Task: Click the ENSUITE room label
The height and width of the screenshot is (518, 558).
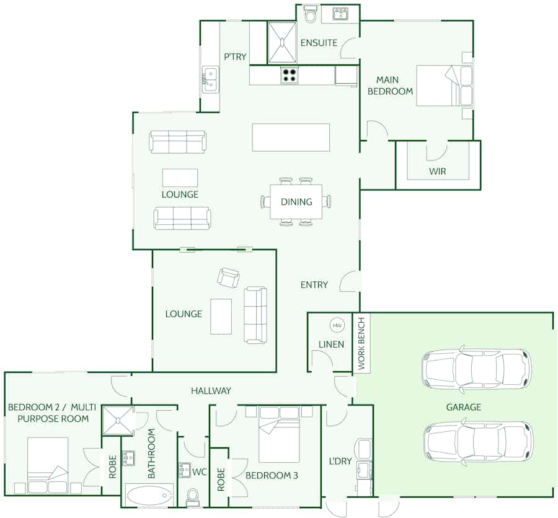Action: tap(319, 43)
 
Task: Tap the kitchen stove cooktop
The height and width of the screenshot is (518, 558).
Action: tap(290, 76)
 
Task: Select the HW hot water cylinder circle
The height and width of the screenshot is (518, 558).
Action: tap(337, 325)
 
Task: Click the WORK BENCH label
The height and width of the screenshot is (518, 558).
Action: tap(361, 343)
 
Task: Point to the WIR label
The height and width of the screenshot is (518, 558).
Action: tap(437, 171)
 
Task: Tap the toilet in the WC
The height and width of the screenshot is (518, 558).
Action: tap(193, 497)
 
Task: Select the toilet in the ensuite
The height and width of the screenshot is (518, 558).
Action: tap(311, 14)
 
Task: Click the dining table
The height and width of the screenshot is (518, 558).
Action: tap(296, 202)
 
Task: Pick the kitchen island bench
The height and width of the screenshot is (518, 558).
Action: tap(291, 138)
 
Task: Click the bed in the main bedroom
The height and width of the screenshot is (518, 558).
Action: tap(445, 86)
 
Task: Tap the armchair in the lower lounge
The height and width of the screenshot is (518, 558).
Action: tap(228, 277)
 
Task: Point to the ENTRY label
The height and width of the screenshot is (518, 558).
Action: tap(314, 284)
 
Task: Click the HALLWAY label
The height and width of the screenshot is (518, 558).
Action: tap(211, 390)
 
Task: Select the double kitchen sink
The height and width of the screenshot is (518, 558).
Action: tap(211, 80)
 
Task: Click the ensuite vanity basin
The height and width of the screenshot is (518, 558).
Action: tap(340, 14)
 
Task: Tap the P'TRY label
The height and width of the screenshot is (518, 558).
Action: tap(235, 56)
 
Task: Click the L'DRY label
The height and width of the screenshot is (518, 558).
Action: tap(340, 461)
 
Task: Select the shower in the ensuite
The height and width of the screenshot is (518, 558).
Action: tap(282, 42)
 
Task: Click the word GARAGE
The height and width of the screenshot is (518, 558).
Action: tap(464, 407)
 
